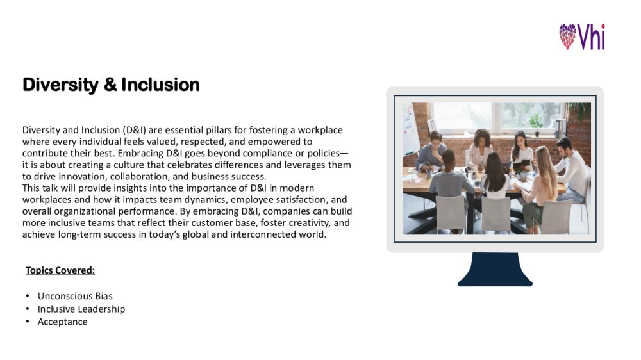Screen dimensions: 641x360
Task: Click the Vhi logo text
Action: [591, 37]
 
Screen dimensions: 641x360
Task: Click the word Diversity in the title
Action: [60, 85]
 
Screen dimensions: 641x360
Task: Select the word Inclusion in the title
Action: [160, 85]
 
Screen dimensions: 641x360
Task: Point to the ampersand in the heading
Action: [110, 85]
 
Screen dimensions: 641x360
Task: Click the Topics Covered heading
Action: [60, 270]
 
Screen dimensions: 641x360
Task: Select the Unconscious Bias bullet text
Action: [75, 296]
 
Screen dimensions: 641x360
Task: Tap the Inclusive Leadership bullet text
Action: [81, 309]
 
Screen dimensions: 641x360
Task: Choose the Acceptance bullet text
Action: [63, 322]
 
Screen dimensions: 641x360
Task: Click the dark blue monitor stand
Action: [495, 269]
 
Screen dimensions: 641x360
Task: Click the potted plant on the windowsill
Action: [536, 124]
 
